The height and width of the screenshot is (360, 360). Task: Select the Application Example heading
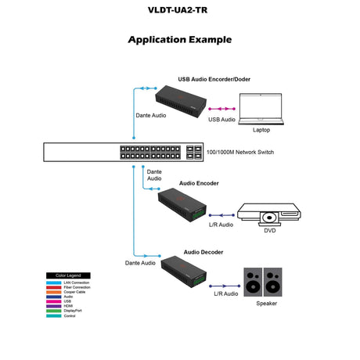tap(179, 39)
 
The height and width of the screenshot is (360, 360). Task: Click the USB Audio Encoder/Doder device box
tap(180, 100)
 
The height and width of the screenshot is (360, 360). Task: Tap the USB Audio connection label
tap(221, 120)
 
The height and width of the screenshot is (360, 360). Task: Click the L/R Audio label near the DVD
tap(221, 225)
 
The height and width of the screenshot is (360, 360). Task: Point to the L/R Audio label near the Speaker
tap(226, 294)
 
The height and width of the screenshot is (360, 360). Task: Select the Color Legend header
tap(68, 275)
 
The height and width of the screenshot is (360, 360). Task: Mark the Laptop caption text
tap(261, 130)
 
